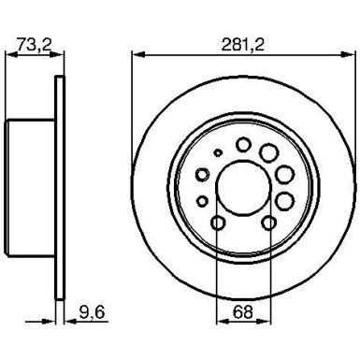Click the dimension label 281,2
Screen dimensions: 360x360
[242, 41]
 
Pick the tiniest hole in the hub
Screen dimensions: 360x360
[218, 153]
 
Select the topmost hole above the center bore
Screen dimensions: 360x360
[244, 145]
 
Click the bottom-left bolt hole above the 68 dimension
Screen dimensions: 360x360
[217, 223]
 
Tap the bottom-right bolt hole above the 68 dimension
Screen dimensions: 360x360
[269, 223]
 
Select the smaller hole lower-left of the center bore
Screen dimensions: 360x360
[202, 199]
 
